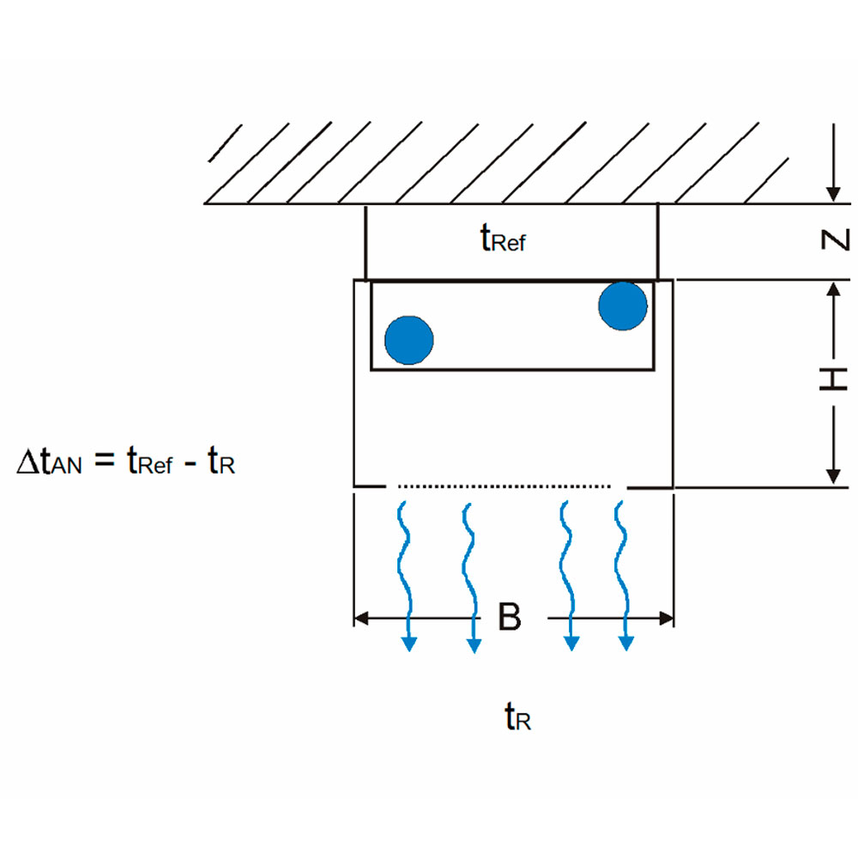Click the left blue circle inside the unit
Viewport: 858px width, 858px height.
pos(409,340)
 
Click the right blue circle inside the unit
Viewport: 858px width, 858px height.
pos(623,305)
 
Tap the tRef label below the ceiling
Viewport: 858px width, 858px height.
pos(502,239)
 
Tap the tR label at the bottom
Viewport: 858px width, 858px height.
pos(517,717)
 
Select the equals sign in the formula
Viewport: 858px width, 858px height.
pos(103,462)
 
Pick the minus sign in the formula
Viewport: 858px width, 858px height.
pos(187,464)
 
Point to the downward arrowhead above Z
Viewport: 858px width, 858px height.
pos(831,191)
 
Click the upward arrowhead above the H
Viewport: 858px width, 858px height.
pos(831,291)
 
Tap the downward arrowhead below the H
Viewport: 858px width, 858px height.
pos(831,475)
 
